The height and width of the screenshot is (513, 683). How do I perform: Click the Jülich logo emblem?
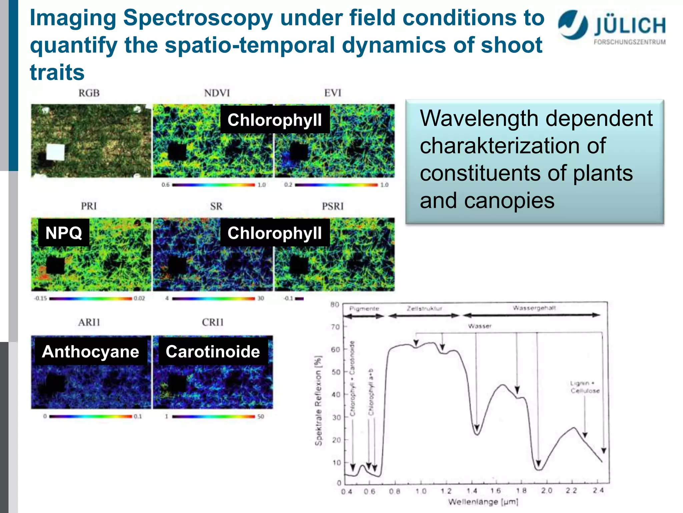(x=573, y=25)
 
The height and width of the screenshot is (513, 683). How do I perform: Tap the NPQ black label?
(x=64, y=233)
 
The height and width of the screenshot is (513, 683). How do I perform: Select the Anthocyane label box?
(x=91, y=352)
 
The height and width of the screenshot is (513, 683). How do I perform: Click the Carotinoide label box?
(x=213, y=352)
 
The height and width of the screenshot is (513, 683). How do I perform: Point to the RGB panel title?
(x=89, y=93)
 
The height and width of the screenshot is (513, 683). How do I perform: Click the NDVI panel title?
(x=217, y=93)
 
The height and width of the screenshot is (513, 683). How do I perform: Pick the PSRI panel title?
(x=332, y=206)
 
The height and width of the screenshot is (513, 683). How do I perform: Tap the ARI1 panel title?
(x=89, y=322)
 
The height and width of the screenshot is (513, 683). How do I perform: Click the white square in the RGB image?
(x=55, y=152)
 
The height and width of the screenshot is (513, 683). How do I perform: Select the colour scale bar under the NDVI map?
(x=213, y=185)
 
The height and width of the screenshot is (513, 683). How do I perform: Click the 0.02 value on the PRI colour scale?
(x=139, y=298)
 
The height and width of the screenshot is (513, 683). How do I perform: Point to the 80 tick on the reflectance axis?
(x=335, y=305)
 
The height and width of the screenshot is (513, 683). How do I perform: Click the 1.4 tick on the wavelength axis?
(x=472, y=491)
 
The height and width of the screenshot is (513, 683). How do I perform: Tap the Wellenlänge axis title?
(x=483, y=502)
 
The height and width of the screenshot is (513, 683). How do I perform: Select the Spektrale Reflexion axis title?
(x=318, y=401)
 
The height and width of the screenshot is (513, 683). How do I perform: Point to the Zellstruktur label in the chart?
(x=424, y=308)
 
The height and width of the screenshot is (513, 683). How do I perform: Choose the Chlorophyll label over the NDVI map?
(x=275, y=120)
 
